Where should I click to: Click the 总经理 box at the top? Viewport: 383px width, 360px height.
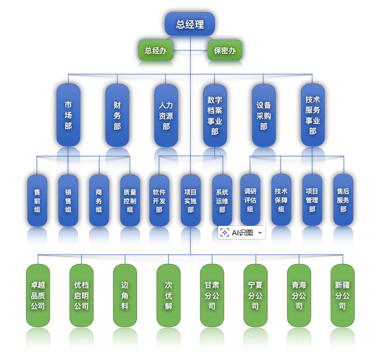coord(190,24)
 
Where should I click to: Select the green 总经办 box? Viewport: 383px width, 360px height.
coord(155,50)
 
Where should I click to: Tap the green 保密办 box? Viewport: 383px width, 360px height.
coord(225,50)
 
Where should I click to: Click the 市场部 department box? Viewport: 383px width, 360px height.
coord(68,115)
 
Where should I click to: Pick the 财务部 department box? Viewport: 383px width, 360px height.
coord(117,115)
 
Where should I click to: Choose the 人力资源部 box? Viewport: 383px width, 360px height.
coord(166,115)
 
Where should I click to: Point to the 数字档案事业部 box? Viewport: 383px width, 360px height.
coord(215,115)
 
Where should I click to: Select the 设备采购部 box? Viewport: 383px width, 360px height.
coord(264,115)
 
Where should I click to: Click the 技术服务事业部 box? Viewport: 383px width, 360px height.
coord(312,115)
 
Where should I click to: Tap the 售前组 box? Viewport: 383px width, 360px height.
coord(37,200)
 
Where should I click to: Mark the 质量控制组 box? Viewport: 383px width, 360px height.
coord(130,200)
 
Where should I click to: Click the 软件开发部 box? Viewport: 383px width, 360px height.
coord(159,200)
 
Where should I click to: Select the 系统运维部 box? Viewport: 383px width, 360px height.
coord(222,200)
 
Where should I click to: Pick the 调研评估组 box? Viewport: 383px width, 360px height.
coord(250,200)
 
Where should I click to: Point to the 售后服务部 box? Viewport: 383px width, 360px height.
coord(343,200)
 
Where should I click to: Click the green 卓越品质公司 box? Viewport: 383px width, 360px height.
coord(38,296)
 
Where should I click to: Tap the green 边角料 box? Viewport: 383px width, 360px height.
coord(125,296)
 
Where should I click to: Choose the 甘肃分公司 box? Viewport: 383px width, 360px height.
coord(212,296)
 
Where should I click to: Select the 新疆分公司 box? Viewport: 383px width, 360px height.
coord(342,296)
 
